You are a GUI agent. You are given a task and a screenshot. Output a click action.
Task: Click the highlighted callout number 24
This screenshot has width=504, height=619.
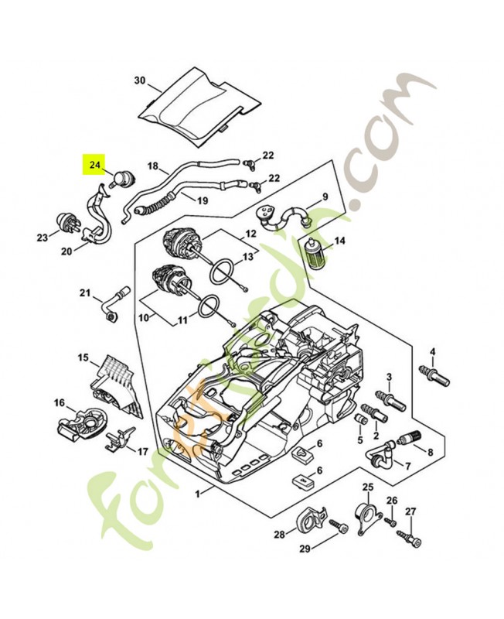click(x=94, y=165)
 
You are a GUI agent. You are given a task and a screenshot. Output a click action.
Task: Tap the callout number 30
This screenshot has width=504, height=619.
click(x=139, y=80)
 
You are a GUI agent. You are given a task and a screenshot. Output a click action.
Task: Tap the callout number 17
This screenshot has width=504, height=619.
click(x=142, y=451)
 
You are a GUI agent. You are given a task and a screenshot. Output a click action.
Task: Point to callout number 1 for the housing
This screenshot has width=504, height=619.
click(x=199, y=493)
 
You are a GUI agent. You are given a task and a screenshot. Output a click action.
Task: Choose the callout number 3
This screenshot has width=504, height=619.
click(x=389, y=377)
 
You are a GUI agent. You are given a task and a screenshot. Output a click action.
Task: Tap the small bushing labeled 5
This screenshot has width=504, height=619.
click(x=359, y=419)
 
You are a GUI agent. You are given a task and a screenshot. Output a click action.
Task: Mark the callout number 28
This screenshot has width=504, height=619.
click(x=279, y=534)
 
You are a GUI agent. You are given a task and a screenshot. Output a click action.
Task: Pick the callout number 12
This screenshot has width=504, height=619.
click(x=251, y=233)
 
